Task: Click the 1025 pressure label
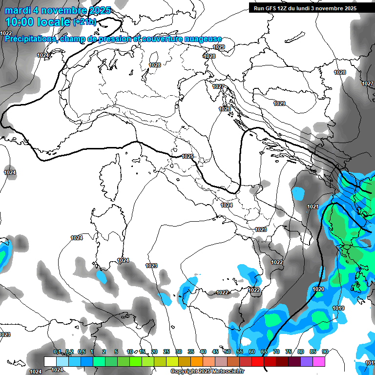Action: coord(187,156)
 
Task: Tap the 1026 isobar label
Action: coord(225,109)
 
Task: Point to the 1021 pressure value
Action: coord(313,207)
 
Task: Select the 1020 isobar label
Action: coord(318,289)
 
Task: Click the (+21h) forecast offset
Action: coord(85,22)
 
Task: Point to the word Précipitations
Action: coord(29,39)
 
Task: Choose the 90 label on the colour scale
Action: coord(325,352)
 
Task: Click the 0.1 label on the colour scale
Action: coord(57,352)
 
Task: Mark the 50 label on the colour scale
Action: coord(227,352)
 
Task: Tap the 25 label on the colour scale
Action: coord(166,352)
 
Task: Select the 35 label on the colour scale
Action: coord(190,352)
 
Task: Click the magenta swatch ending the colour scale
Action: coord(319,361)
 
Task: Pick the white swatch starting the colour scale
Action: coord(50,361)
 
